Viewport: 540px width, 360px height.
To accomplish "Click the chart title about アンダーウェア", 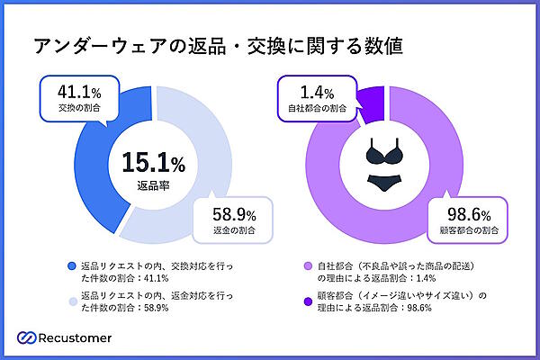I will [217, 45].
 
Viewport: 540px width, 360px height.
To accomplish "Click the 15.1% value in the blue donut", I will [147, 163].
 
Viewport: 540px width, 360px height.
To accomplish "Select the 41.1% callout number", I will [72, 91].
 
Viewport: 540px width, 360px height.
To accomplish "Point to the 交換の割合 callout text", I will [72, 108].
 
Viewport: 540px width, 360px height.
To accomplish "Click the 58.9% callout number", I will [233, 215].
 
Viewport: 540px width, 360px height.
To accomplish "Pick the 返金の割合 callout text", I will [233, 232].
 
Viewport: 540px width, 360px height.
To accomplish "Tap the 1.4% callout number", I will [317, 92].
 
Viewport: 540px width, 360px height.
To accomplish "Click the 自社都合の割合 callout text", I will [317, 109].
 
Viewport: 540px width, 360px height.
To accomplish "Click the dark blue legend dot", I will [71, 267].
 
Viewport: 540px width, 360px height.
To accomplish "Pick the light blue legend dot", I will [71, 294].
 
